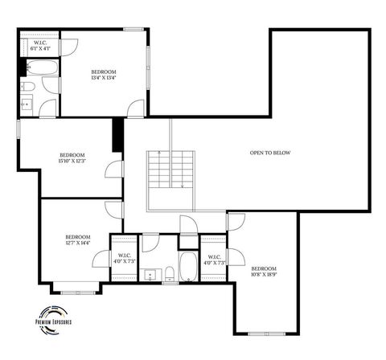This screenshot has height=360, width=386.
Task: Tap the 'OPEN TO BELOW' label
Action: (x=270, y=153)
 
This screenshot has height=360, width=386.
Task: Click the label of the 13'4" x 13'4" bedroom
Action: (x=104, y=75)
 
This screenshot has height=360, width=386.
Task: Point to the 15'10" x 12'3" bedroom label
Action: (x=72, y=157)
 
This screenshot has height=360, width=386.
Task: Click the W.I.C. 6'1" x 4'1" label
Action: (x=40, y=46)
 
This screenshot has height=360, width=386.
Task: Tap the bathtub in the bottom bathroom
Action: (x=187, y=266)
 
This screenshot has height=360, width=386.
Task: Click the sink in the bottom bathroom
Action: (x=150, y=275)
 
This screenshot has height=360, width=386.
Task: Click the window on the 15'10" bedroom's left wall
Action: (x=18, y=129)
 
